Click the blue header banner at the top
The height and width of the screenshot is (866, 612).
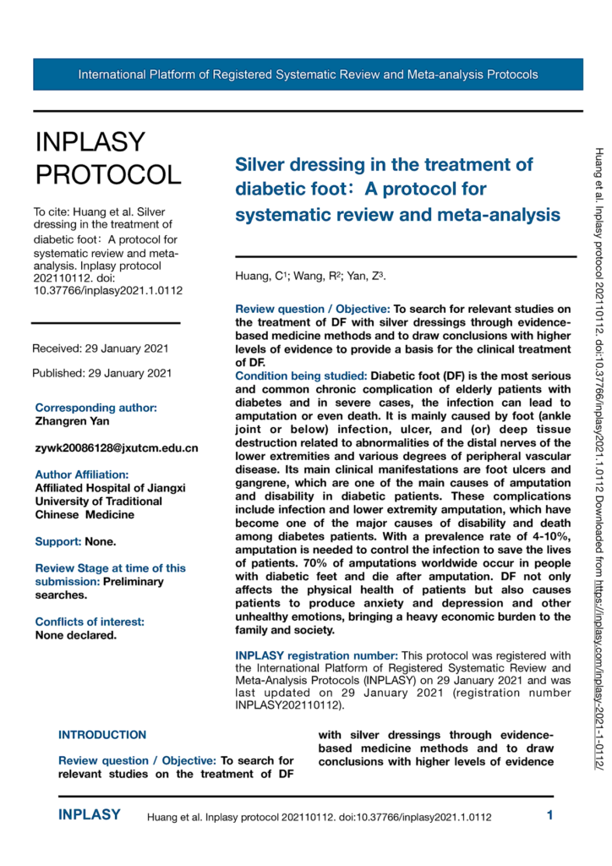308,74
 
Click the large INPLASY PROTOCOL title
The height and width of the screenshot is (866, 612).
107,158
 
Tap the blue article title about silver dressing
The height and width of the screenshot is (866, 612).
396,189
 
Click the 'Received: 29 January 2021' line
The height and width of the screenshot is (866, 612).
101,349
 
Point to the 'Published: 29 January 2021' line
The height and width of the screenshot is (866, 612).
101,373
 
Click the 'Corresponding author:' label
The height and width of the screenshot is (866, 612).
96,407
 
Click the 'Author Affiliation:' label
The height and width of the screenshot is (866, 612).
82,474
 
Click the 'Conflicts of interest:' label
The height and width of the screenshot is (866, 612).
90,598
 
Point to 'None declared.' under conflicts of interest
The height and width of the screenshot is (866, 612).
76,611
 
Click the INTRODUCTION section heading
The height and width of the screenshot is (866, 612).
101,735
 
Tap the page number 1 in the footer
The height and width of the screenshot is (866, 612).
549,816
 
